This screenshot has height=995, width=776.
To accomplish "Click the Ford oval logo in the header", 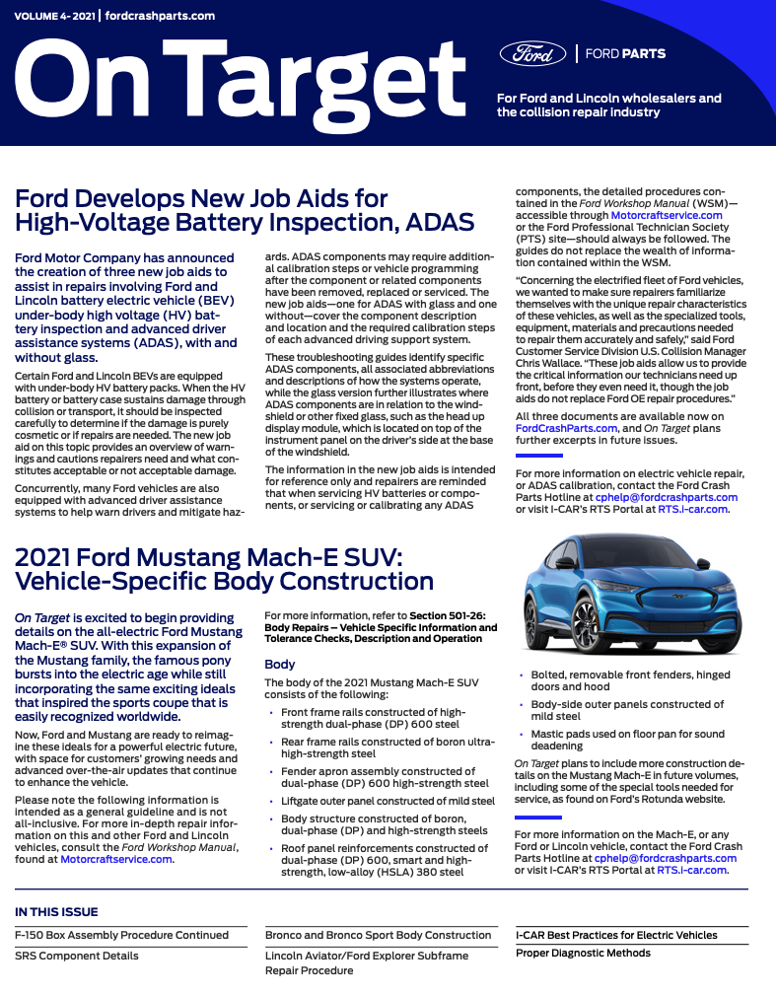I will click(532, 53).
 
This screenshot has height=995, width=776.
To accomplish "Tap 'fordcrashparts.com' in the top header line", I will click(159, 17).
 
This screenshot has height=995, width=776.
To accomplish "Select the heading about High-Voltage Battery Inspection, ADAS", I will click(245, 210).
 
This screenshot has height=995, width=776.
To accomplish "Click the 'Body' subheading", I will click(280, 665).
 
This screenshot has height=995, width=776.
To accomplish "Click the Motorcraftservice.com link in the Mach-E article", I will click(116, 859).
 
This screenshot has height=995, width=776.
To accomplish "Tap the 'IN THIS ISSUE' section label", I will click(56, 912).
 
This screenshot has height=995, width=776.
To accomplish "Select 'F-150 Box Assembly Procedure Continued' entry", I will click(121, 935).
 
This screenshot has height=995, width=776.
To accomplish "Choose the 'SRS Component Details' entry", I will click(76, 956).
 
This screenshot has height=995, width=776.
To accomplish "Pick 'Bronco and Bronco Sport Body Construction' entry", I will click(378, 935).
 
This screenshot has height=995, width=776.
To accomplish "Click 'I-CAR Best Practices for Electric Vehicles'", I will click(616, 935).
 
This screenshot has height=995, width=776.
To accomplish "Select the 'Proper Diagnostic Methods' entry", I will click(583, 953).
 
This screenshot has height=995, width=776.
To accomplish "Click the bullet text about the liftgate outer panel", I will click(388, 801).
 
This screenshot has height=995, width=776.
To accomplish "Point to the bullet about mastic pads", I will click(626, 740).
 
